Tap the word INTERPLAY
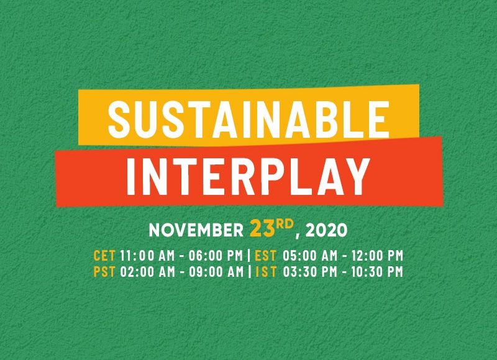(248, 176)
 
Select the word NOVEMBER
(196, 230)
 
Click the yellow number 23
(262, 228)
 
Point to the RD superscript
(285, 224)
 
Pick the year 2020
(326, 230)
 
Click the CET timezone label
(104, 256)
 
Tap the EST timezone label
(266, 256)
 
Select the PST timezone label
(104, 272)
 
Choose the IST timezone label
(267, 272)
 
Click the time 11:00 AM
(148, 256)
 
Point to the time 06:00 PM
(216, 256)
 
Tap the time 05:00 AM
(310, 256)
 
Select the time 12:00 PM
(377, 256)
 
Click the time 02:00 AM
(148, 272)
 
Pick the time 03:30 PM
(310, 272)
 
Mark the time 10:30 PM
(377, 272)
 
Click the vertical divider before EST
(249, 256)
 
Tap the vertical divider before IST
(250, 272)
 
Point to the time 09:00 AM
(216, 272)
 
